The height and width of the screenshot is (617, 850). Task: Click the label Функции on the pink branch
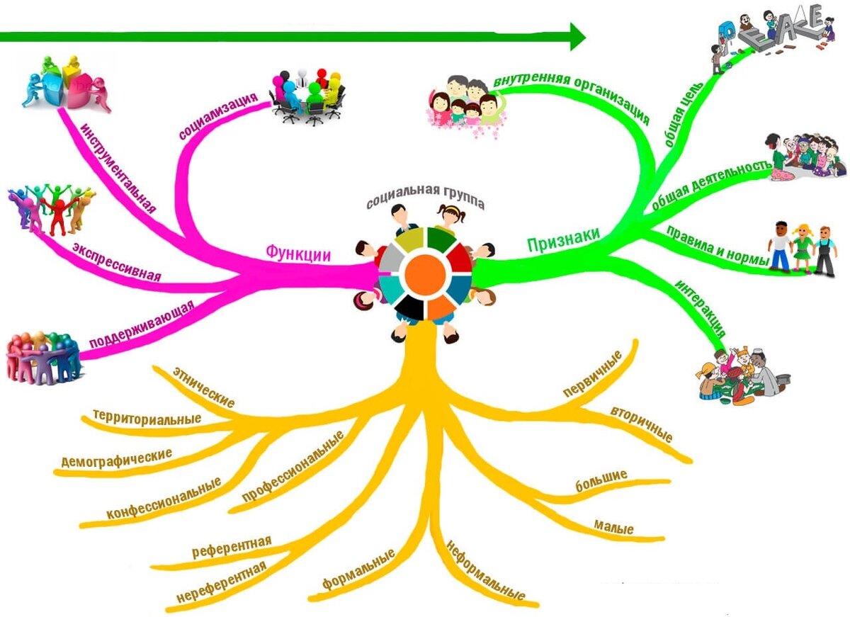(x=298, y=253)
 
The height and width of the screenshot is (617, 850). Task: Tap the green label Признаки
(x=564, y=239)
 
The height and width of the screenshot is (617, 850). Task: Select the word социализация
(x=218, y=115)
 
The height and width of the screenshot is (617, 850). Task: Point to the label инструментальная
(x=118, y=167)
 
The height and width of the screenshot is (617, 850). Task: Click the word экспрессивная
(x=117, y=262)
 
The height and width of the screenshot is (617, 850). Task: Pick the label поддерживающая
(x=142, y=324)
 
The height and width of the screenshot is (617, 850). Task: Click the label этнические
(x=204, y=387)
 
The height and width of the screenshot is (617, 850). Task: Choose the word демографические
(x=116, y=458)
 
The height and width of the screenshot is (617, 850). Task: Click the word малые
(x=613, y=527)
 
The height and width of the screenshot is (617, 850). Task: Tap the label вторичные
(x=641, y=424)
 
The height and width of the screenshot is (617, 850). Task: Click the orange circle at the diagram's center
(x=425, y=275)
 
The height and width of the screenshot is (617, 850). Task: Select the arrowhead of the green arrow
(x=577, y=36)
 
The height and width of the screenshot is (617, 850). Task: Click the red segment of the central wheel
(x=459, y=257)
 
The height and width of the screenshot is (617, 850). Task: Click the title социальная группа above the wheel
(x=426, y=197)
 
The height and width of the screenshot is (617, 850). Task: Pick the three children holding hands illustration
(x=802, y=248)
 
